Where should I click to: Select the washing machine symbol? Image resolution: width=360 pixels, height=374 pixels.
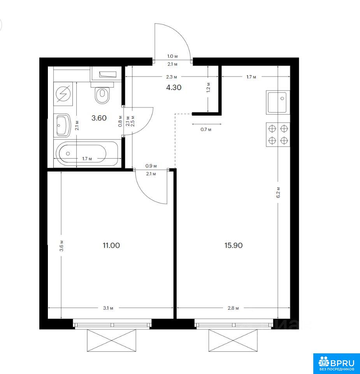(63, 94)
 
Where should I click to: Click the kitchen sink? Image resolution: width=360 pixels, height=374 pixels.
(278, 102)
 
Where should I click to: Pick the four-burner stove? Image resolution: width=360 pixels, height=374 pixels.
(278, 134)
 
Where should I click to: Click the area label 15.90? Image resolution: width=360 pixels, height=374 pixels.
(234, 245)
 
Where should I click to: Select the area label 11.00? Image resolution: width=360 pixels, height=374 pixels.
(111, 245)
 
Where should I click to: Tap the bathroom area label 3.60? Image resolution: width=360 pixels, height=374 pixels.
(99, 118)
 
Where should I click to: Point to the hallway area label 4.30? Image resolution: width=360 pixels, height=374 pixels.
(174, 88)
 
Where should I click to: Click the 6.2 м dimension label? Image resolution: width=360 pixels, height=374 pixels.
(278, 192)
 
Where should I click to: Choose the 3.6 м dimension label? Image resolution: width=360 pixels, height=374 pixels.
(61, 246)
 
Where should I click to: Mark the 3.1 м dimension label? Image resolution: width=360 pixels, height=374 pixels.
(108, 308)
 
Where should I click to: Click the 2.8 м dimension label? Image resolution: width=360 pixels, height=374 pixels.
(233, 308)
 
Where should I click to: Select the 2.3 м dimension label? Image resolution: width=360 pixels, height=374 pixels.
(172, 77)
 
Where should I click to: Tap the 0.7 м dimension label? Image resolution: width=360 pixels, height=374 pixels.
(206, 129)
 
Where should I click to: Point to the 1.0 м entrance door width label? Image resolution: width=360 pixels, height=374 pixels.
(172, 56)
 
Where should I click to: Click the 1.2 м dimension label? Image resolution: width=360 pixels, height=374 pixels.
(209, 88)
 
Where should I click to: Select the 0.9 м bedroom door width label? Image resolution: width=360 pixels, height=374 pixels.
(151, 166)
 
